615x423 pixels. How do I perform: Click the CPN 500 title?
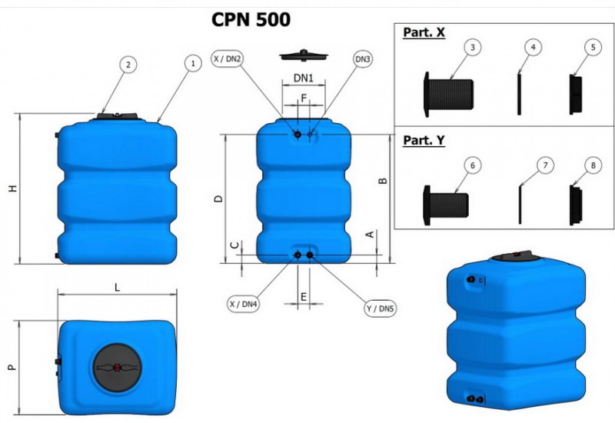(x=251, y=19)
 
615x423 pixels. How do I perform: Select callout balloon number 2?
(x=128, y=65)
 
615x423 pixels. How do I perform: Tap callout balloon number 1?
(x=191, y=65)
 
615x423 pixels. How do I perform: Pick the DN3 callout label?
(x=363, y=58)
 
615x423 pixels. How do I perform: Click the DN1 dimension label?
(x=304, y=78)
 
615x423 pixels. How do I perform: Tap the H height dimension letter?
(x=13, y=189)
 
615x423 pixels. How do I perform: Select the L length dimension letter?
(x=117, y=287)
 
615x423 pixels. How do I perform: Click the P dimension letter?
(x=12, y=368)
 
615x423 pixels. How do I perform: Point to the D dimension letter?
(x=219, y=198)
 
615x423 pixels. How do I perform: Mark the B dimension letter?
(x=384, y=182)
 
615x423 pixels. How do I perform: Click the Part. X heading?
(x=424, y=33)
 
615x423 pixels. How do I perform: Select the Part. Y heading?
(x=424, y=141)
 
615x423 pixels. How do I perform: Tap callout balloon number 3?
(x=474, y=48)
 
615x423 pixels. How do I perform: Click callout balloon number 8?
(x=592, y=165)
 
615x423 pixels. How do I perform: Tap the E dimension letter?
(x=304, y=296)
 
